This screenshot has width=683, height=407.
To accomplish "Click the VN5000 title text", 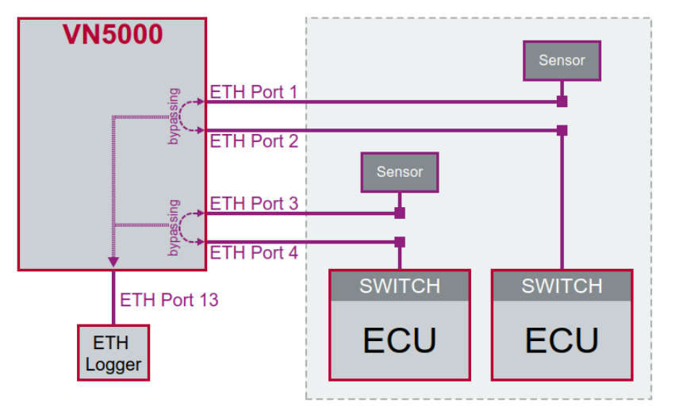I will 113,35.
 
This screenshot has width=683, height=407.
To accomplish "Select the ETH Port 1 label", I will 253,92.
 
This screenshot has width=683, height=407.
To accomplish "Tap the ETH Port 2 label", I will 253,141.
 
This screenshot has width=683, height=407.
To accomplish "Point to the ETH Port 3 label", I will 253,204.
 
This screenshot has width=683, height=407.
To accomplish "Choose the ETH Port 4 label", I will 253,253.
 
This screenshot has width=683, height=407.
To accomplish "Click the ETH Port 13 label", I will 169,300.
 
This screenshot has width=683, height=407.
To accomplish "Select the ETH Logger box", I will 113,354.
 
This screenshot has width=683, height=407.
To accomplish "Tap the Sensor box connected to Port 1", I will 562,60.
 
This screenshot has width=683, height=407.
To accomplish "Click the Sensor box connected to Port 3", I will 399,172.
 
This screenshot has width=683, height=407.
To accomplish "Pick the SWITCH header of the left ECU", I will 399,286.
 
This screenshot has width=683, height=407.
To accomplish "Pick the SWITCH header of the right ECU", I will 562,286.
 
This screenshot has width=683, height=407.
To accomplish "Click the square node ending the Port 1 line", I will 562,102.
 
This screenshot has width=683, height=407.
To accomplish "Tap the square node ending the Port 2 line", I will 562,129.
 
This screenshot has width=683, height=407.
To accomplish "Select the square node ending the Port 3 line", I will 400,213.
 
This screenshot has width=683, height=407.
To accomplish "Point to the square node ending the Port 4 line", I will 400,241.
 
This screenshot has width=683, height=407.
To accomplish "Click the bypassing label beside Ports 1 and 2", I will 174,116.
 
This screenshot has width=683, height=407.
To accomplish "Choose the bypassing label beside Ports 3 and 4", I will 174,228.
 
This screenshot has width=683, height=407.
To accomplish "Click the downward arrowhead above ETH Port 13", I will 113,262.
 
